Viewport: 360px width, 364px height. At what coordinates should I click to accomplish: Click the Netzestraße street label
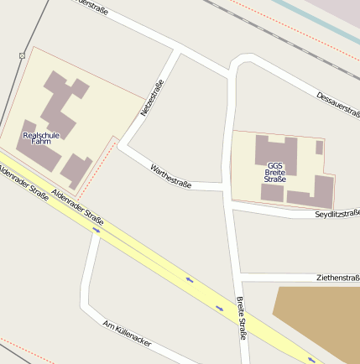pyautogui.click(x=151, y=97)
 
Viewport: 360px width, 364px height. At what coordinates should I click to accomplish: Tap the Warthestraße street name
pyautogui.click(x=171, y=176)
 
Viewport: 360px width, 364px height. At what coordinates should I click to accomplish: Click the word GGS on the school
pyautogui.click(x=275, y=165)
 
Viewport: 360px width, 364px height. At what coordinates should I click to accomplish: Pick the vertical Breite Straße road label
pyautogui.click(x=241, y=318)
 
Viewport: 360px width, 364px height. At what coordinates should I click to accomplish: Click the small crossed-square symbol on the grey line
pyautogui.click(x=21, y=55)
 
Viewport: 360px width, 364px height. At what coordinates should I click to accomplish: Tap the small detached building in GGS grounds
pyautogui.click(x=319, y=148)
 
